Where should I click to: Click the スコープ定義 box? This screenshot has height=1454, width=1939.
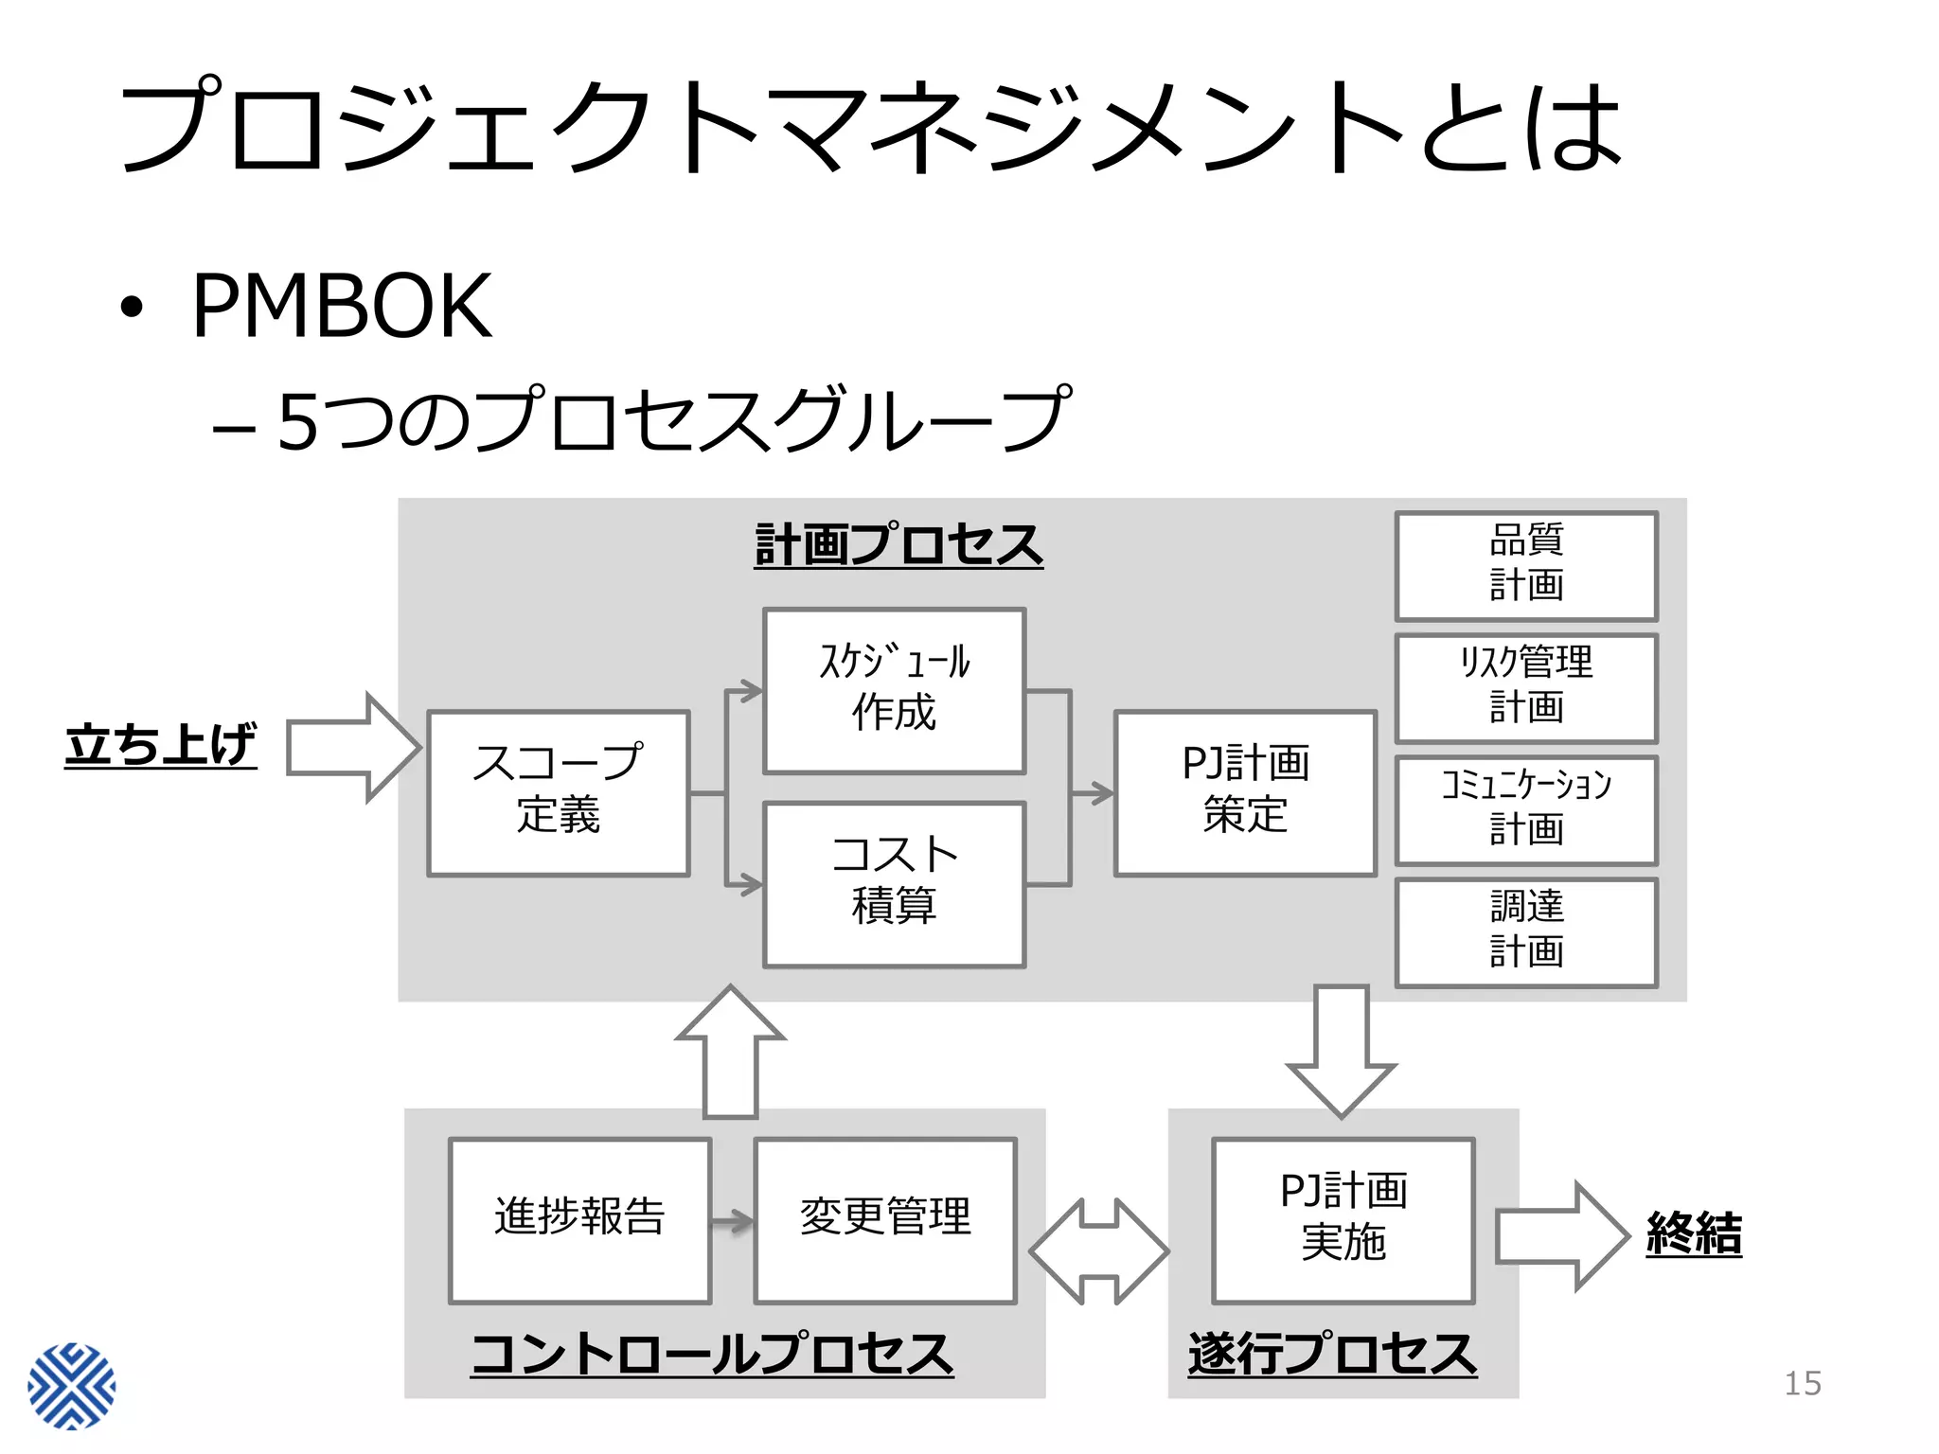pyautogui.click(x=559, y=793)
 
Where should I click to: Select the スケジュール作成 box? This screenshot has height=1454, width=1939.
pyautogui.click(x=894, y=691)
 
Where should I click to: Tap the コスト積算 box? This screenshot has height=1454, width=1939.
pyautogui.click(x=894, y=884)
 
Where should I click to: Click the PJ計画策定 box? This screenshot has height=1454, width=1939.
pyautogui.click(x=1245, y=793)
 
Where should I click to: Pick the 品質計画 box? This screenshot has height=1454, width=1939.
pyautogui.click(x=1526, y=566)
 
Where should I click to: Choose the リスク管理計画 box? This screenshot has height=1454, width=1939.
pyautogui.click(x=1526, y=688)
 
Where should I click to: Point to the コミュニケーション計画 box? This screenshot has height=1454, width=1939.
pyautogui.click(x=1526, y=810)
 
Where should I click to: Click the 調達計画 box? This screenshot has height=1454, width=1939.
pyautogui.click(x=1526, y=932)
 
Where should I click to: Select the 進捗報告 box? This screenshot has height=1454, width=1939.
pyautogui.click(x=579, y=1220)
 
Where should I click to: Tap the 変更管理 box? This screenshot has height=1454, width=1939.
pyautogui.click(x=885, y=1220)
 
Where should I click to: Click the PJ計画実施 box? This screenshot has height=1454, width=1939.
pyautogui.click(x=1343, y=1220)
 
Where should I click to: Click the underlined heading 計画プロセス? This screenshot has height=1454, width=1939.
pyautogui.click(x=898, y=546)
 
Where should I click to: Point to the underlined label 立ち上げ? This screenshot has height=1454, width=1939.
pyautogui.click(x=161, y=746)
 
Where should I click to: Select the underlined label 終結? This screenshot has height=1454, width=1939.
pyautogui.click(x=1694, y=1234)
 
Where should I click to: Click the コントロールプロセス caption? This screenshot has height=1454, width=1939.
pyautogui.click(x=712, y=1355)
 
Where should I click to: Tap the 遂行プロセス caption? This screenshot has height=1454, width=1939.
pyautogui.click(x=1332, y=1355)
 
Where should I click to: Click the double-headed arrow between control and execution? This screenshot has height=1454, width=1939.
pyautogui.click(x=1099, y=1251)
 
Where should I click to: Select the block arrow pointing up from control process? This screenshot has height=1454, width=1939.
pyautogui.click(x=730, y=1051)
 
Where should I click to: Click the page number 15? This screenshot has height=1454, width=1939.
pyautogui.click(x=1802, y=1383)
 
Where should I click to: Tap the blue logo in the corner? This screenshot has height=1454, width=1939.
pyautogui.click(x=72, y=1386)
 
